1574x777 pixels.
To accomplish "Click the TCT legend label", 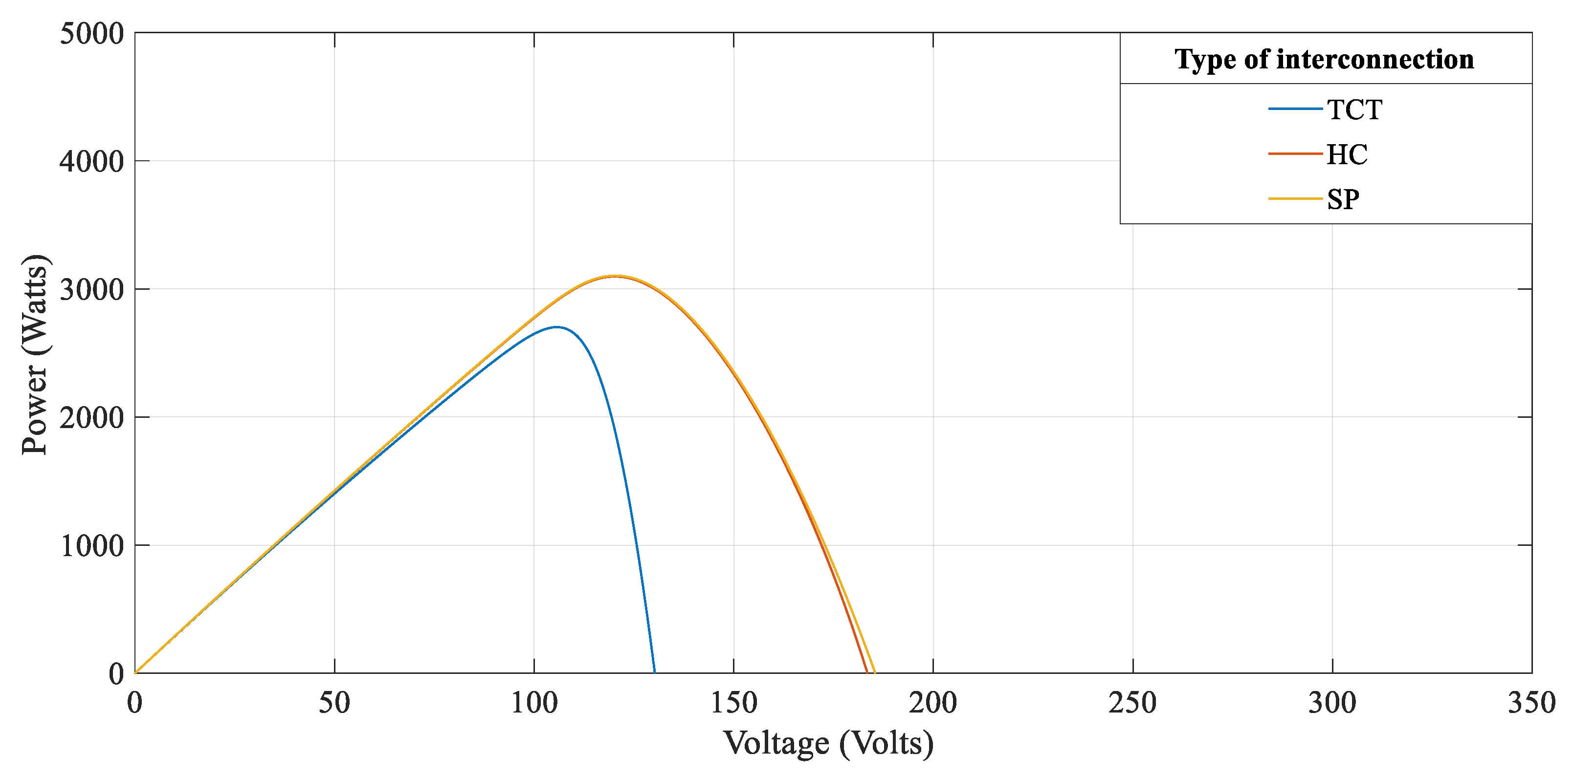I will point(1354,110).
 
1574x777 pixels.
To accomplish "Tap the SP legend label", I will point(1343,200).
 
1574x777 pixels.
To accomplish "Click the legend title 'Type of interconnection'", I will point(1324,59).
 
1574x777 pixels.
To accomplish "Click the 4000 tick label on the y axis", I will point(91,161).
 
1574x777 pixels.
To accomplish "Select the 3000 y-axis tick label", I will point(91,289).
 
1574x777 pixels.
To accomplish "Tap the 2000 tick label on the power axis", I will point(91,418).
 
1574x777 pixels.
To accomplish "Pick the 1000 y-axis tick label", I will point(91,545).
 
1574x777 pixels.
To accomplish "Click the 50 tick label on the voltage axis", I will point(334,703).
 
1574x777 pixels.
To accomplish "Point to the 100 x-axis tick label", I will point(533,703).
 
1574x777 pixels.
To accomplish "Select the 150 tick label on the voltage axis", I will point(733,703).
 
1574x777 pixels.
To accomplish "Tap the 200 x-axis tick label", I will point(932,703).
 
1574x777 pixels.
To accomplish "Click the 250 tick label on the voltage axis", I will point(1132,703).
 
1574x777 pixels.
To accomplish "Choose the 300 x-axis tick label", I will point(1332,703).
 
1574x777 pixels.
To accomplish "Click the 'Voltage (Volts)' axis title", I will point(828,743).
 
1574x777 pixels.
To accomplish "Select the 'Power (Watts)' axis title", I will point(35,354).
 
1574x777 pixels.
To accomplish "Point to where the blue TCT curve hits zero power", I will point(654,672).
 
